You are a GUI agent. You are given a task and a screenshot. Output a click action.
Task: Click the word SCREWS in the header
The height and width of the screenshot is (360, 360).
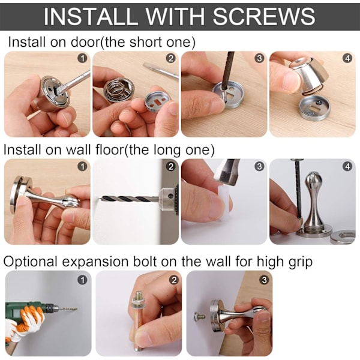click(x=264, y=17)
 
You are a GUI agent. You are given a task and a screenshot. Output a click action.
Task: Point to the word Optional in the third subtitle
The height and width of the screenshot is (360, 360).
click(x=30, y=262)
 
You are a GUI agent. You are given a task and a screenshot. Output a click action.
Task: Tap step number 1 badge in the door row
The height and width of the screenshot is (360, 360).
click(x=82, y=59)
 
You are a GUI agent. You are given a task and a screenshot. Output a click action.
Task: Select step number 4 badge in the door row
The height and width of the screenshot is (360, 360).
click(x=347, y=59)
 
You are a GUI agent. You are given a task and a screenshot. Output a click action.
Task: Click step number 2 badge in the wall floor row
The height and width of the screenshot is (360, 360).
click(x=171, y=166)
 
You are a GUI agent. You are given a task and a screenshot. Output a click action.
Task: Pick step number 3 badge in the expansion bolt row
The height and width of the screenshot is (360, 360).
click(x=264, y=280)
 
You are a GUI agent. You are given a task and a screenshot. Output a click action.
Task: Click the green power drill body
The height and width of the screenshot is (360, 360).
click(x=28, y=309)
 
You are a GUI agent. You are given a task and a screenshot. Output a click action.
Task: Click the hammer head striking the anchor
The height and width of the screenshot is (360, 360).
click(x=228, y=171)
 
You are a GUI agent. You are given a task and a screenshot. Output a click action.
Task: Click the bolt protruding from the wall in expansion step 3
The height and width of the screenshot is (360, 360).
click(x=199, y=316)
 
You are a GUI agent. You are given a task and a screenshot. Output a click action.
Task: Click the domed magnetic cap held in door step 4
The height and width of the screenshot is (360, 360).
click(x=307, y=74)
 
